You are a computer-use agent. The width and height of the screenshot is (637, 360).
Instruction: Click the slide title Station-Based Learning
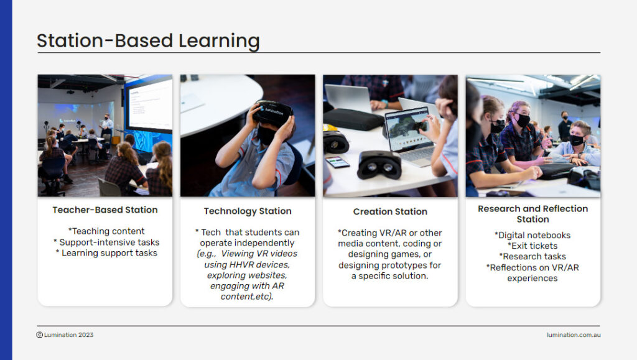[x=148, y=41]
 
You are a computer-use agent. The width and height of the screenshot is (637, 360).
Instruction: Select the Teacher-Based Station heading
[x=105, y=210]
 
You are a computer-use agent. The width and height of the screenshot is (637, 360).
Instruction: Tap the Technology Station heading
[x=248, y=211]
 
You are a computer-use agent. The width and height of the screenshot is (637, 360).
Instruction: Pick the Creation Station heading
[x=390, y=211]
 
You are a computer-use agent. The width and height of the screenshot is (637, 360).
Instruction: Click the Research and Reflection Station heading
[x=532, y=214]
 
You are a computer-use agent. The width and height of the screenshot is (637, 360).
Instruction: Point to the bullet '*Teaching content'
[x=106, y=231]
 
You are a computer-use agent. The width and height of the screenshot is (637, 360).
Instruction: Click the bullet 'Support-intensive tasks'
[x=106, y=242]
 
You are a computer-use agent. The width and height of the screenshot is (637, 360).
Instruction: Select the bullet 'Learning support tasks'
[x=106, y=253]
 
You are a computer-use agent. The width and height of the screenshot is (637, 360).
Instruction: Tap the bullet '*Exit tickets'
[x=532, y=246]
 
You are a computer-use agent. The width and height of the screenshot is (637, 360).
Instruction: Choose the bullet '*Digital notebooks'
[x=532, y=235]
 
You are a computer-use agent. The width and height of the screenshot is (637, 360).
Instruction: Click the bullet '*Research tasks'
[x=532, y=257]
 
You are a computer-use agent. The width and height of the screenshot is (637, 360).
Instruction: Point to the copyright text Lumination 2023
[x=65, y=335]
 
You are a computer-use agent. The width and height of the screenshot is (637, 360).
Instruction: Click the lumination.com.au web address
[x=574, y=335]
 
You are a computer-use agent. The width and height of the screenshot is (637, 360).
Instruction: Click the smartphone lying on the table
[x=338, y=162]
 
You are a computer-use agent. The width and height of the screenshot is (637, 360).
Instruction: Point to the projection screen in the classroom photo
[x=149, y=104]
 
